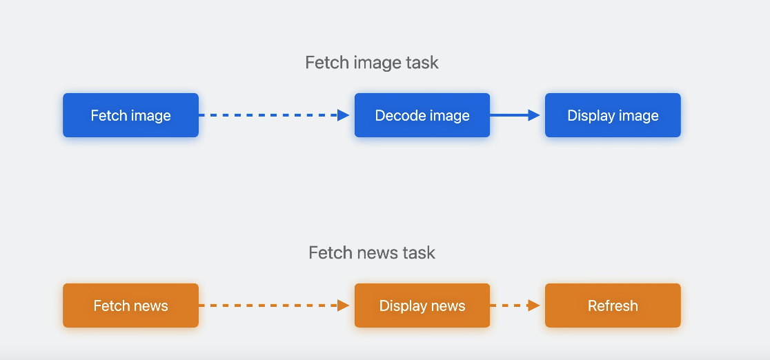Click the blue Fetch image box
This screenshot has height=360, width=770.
130,115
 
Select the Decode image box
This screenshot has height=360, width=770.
422,115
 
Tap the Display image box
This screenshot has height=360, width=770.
613,115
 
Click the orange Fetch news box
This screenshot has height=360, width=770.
130,306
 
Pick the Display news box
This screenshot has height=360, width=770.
422,306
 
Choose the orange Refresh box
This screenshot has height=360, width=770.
613,306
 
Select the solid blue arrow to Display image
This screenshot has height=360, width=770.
514,115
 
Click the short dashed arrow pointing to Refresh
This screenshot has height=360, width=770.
514,306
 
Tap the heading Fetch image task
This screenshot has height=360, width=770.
372,63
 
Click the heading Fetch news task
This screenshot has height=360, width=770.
372,252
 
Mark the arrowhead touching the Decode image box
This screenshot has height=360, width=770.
344,115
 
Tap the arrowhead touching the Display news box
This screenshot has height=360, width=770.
344,306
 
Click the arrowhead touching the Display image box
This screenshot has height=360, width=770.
534,115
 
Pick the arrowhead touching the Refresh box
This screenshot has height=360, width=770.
534,306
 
